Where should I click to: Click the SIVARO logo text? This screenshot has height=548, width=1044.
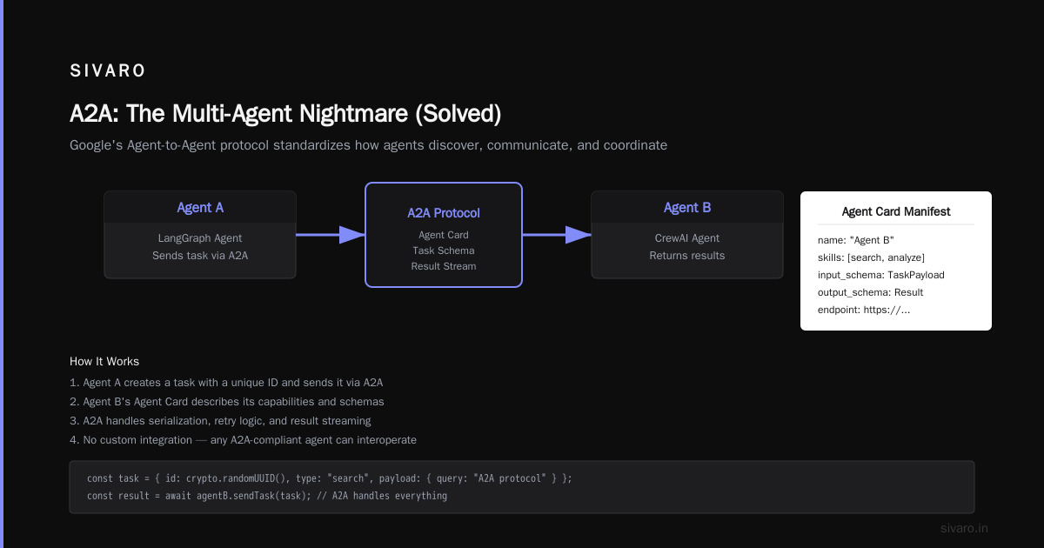pos(107,70)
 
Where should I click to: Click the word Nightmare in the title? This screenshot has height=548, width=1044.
pos(353,114)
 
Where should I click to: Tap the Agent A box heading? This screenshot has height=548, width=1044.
pos(200,208)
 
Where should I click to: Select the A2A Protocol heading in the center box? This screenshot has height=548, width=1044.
pos(443,213)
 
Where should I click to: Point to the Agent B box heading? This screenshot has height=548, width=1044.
pos(687,208)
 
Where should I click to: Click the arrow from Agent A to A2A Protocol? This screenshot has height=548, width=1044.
pos(331,234)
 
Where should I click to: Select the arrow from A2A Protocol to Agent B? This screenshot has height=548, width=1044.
pos(557,234)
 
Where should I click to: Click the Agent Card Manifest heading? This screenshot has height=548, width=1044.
pos(896,211)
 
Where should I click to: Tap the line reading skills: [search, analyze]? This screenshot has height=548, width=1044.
pos(871,257)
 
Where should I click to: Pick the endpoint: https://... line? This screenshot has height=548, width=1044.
pos(864,310)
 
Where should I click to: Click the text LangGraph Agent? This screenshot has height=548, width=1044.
pos(200,238)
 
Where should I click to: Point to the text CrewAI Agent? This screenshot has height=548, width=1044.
pos(687,238)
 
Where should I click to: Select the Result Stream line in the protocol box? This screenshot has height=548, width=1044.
pos(443,266)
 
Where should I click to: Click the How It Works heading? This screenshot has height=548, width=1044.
pos(104,361)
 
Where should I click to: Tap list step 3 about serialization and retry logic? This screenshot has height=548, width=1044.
pos(220,421)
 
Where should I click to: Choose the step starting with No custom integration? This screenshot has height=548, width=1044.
pos(243,440)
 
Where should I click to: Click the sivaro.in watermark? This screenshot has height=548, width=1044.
pos(964,528)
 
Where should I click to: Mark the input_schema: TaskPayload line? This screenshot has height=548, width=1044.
pos(880,275)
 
